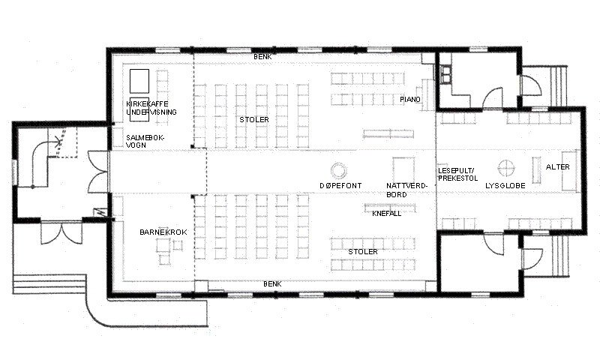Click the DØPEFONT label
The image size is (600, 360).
click(x=340, y=185)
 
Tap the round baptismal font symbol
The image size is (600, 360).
click(x=339, y=170)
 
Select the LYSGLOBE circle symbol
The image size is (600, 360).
click(x=506, y=168)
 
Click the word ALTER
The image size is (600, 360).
click(x=557, y=166)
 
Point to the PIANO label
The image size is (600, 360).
click(x=410, y=100)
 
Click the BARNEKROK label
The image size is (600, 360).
click(x=163, y=232)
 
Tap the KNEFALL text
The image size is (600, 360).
click(x=386, y=214)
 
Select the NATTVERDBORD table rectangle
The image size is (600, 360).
click(x=403, y=169)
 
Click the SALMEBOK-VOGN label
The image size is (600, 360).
click(x=145, y=141)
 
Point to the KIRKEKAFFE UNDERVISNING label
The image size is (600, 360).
click(x=151, y=108)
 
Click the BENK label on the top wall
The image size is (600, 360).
click(x=263, y=56)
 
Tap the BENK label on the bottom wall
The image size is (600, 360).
click(x=272, y=284)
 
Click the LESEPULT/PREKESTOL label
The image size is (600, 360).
click(x=457, y=175)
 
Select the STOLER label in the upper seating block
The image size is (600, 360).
click(x=254, y=120)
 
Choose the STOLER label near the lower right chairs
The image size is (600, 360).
click(x=363, y=252)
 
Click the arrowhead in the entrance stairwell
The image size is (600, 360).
click(x=58, y=142)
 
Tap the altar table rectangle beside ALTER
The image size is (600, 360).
click(x=569, y=171)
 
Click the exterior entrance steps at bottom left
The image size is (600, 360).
click(x=49, y=283)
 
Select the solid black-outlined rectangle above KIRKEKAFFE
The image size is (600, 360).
click(x=139, y=81)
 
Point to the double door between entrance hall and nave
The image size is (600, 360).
click(x=99, y=172)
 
